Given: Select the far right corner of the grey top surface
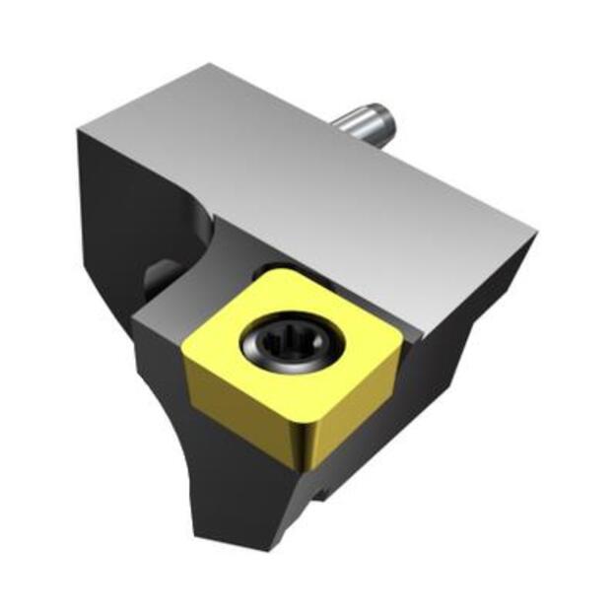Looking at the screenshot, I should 535,236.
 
